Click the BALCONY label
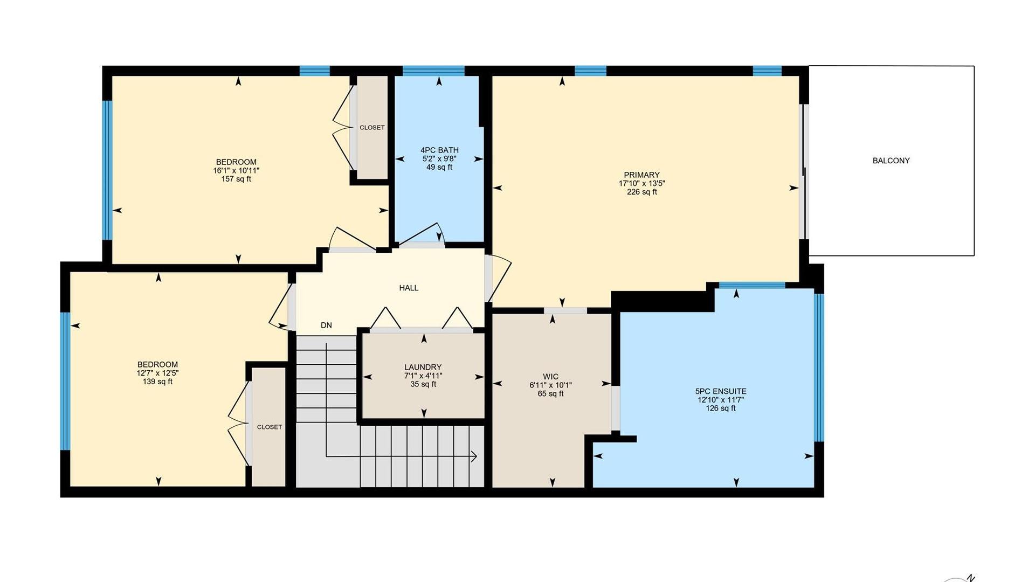pos(891,161)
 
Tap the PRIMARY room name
pos(641,175)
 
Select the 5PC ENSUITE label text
pos(721,392)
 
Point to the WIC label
pos(550,377)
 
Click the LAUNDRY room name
pos(423,368)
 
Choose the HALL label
pos(409,288)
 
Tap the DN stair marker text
pos(326,325)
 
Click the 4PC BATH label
pos(439,150)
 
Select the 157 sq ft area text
pos(236,179)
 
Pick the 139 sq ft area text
pos(157,382)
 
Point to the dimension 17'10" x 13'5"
pos(641,183)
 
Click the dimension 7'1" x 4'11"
pos(423,376)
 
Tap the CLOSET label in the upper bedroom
pos(372,128)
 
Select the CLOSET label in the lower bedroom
pos(270,427)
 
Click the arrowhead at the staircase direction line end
pos(474,456)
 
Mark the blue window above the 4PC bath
pos(433,71)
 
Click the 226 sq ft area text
pos(641,192)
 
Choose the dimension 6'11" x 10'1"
pos(550,385)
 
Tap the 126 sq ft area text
pos(721,408)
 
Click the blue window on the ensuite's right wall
pos(819,368)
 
